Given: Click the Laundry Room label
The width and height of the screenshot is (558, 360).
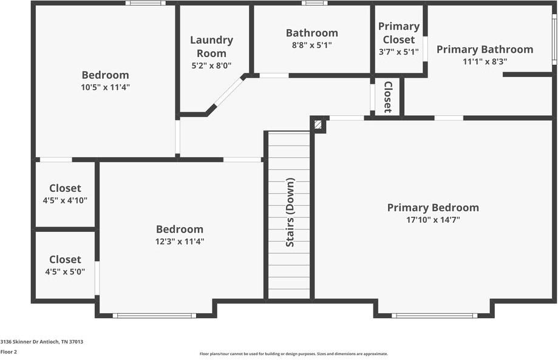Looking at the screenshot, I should click(211, 46).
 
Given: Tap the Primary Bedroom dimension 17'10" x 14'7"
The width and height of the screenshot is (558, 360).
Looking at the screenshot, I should click(433, 220).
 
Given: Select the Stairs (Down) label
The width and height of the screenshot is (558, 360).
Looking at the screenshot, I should click(290, 212).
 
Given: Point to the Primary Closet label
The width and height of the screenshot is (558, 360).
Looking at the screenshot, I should click(398, 33).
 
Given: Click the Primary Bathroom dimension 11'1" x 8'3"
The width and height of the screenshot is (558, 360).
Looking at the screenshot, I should click(485, 61).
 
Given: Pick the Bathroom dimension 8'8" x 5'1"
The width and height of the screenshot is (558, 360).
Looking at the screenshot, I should click(311, 45).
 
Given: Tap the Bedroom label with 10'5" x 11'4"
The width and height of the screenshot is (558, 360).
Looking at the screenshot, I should click(105, 75).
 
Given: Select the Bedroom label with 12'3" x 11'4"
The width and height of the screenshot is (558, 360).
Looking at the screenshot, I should click(179, 229).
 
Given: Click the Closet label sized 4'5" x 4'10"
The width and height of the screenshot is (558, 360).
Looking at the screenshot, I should click(65, 188).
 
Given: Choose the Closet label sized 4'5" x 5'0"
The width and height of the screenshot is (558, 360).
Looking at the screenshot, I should click(65, 259).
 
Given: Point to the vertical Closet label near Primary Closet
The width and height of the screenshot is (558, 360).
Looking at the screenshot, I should click(387, 97).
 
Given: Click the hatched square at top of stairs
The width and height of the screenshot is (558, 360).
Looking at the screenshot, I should click(318, 124).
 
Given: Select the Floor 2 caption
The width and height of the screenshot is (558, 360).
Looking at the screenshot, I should click(9, 352).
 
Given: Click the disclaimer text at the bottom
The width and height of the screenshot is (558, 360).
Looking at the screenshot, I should click(293, 354).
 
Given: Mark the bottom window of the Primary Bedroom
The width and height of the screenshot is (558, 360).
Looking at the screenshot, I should click(434, 315).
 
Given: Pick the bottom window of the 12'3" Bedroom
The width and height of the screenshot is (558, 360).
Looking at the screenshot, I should click(154, 315).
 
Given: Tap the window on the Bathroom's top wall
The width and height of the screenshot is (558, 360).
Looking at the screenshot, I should click(314, 3).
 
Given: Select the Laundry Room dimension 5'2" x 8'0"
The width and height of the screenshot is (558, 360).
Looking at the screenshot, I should click(211, 66).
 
